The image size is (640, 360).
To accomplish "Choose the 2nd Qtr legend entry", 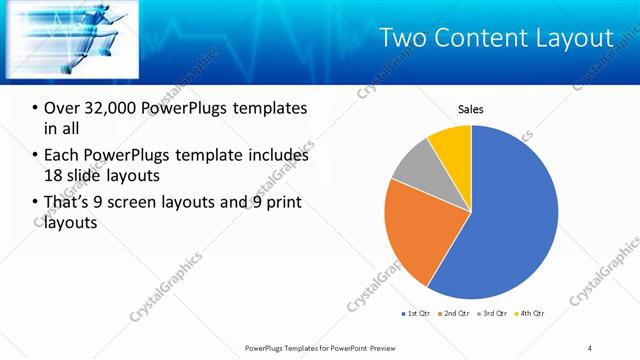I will point(457,314).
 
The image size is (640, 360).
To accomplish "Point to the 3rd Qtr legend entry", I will point(494,314).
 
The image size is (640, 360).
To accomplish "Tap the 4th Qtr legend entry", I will point(531,314).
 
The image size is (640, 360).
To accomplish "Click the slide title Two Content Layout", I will point(497,38).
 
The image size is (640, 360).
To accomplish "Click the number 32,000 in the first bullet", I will point(110,108).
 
